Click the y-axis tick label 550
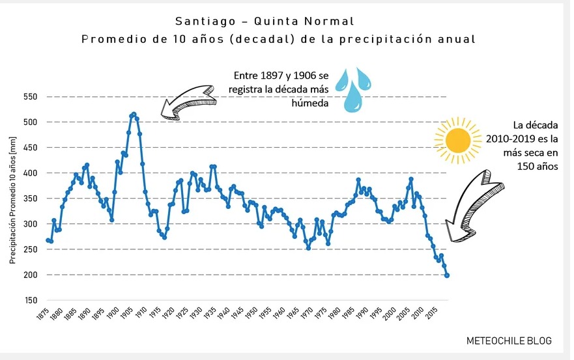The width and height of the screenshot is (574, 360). (x=31, y=97)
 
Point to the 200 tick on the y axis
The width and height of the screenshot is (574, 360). (x=31, y=275)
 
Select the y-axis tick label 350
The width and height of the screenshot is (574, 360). (x=31, y=199)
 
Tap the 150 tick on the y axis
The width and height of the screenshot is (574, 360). (x=31, y=301)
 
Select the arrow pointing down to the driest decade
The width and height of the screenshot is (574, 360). (x=470, y=205)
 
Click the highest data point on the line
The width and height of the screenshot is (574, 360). (x=134, y=114)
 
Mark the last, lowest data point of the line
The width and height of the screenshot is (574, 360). (x=447, y=275)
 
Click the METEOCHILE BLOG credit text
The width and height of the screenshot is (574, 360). (x=509, y=341)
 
